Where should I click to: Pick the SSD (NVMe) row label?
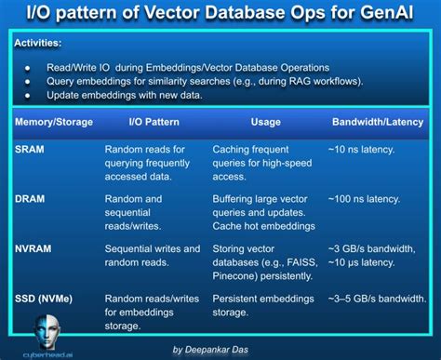coord(47,298)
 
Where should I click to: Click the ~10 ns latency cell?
coord(368,149)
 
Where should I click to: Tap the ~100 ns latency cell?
coord(372,199)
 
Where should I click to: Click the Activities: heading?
coord(39,43)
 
